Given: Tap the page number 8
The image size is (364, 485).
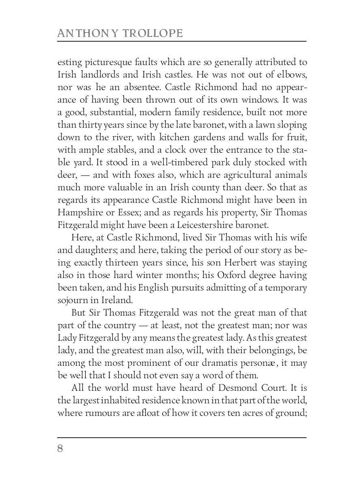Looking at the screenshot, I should pyautogui.click(x=60, y=449).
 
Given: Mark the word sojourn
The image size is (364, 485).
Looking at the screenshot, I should pyautogui.click(x=72, y=300).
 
